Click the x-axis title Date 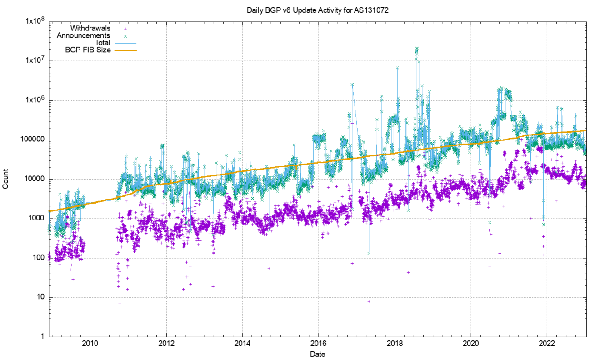click(x=317, y=354)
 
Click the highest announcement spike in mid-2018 click(x=416, y=48)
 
